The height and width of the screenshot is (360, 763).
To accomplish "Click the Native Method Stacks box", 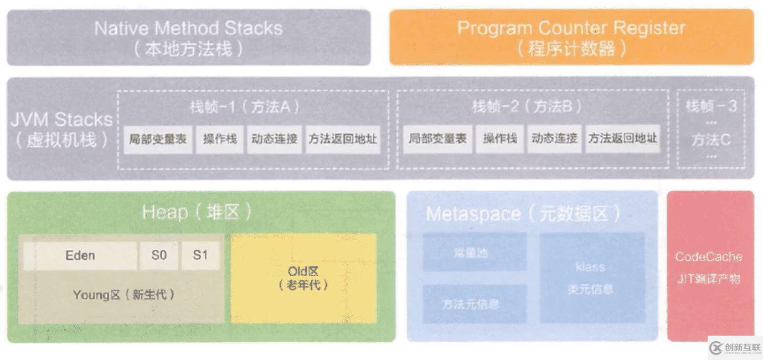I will pos(188,38).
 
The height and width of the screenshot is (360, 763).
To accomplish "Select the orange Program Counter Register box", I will pos(571,38).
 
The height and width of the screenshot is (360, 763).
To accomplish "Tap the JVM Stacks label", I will pos(61,129).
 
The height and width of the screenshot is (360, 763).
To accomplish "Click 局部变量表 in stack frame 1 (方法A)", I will pos(158,139).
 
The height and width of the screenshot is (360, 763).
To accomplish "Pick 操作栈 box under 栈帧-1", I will pos(220,139).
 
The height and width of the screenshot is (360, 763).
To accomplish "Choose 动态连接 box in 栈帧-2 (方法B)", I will pos(554,138).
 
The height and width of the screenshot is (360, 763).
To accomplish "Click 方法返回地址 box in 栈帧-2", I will pos(622,138).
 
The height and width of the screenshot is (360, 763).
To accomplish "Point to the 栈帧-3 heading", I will pos(711,106).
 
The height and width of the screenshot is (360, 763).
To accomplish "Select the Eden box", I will pos(80,255).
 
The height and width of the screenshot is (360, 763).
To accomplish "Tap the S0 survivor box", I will pos(158,255).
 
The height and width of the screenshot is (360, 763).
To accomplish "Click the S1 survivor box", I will pos(200,255).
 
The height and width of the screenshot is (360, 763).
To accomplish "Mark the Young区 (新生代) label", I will pos(123,295).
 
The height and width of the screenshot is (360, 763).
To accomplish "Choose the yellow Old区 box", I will pos(303,278).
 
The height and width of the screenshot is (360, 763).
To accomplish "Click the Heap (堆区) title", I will pos(197,212).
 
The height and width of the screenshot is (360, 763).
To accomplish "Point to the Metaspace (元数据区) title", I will pos(523,214).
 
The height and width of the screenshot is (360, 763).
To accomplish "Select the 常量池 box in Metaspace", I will pos(475,253).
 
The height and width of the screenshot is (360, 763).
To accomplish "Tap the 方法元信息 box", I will pos(475,304).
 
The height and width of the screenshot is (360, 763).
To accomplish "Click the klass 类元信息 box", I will pos(591,278).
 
